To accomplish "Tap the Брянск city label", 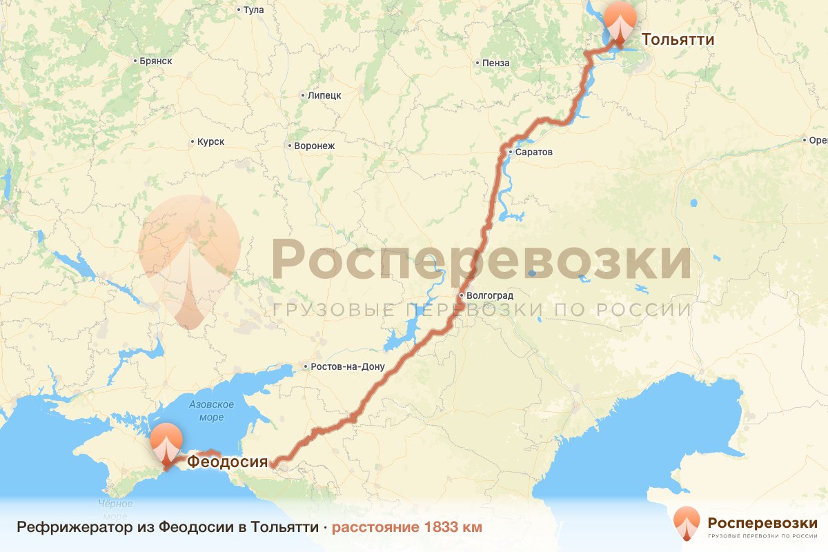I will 155,61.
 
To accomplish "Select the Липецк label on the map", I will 324,95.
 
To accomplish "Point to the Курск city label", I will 210,142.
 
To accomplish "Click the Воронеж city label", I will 314,146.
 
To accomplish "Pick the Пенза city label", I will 495,63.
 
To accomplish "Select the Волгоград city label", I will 489,296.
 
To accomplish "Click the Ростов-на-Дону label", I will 348,367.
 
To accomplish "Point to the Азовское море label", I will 211,411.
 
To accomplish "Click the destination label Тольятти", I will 678,39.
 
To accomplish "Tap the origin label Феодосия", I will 227,460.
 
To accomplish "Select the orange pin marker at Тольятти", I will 620,23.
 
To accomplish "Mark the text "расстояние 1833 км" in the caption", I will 406,527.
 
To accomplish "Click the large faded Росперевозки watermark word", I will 482,259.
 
